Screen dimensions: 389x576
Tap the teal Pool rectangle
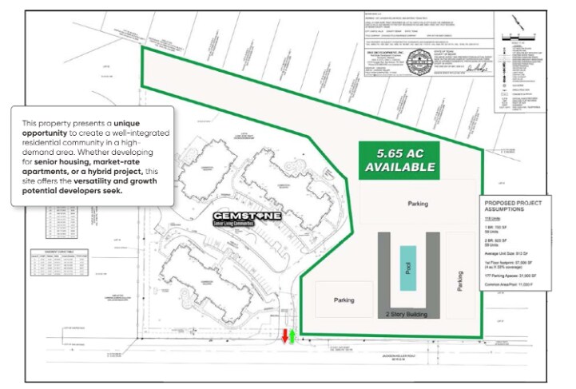click(x=408, y=268)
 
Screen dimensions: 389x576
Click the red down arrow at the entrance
click(x=284, y=336)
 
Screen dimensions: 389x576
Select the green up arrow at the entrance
click(x=292, y=336)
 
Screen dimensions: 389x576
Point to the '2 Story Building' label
click(x=407, y=314)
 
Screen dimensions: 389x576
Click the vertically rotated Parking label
click(x=459, y=279)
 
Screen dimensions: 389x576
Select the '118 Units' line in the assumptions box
click(x=495, y=217)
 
